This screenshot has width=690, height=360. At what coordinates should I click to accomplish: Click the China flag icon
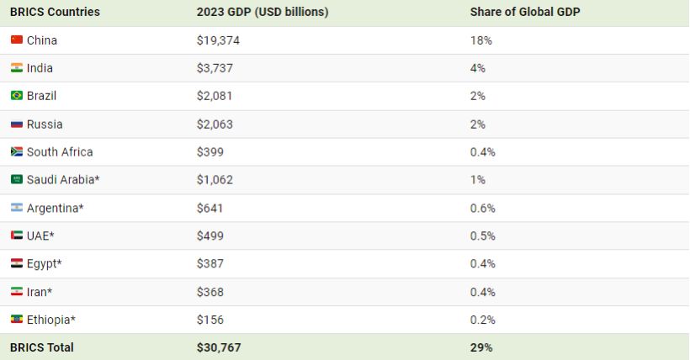click(x=16, y=40)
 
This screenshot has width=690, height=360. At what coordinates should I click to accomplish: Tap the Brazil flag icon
click(x=16, y=96)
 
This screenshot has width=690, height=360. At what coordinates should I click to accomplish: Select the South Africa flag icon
click(x=16, y=152)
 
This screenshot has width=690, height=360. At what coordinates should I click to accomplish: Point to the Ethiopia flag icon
click(x=16, y=320)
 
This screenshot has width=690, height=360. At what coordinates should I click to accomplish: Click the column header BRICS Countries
click(x=55, y=12)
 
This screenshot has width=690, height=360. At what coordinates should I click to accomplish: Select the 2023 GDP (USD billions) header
click(x=263, y=12)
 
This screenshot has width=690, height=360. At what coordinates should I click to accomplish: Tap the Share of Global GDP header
click(x=525, y=12)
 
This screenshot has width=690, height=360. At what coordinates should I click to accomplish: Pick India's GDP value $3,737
click(x=215, y=68)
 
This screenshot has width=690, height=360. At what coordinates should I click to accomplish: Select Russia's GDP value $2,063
click(x=215, y=124)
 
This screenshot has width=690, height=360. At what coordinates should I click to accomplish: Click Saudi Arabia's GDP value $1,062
click(x=215, y=180)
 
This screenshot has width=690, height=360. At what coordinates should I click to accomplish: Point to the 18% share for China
click(x=480, y=40)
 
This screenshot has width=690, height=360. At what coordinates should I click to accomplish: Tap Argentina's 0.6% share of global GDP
click(x=483, y=208)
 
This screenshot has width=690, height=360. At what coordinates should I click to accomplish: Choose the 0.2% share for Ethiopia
click(x=483, y=320)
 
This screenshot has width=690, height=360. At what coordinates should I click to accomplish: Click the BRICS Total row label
click(x=42, y=347)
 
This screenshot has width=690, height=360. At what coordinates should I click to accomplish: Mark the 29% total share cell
click(x=481, y=347)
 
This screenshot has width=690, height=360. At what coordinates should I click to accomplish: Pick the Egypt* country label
click(x=44, y=264)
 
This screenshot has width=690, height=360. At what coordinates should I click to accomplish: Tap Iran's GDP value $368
click(x=210, y=292)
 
